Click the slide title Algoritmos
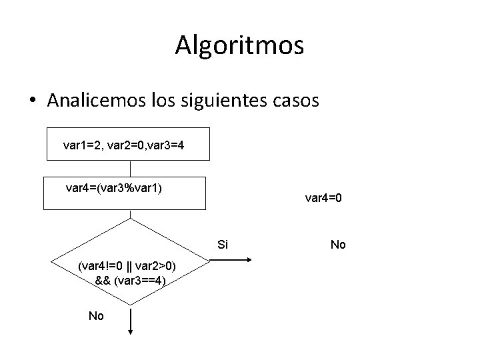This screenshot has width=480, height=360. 240,45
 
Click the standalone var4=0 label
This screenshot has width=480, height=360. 323,197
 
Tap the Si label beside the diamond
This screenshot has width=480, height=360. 223,245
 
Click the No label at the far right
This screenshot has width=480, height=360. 338,245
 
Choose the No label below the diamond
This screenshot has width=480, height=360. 96,316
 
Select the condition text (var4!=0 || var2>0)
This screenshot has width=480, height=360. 127,266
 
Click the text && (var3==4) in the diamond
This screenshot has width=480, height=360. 131,280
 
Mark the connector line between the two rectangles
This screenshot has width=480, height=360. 131,169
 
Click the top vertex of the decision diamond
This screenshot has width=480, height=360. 131,219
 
